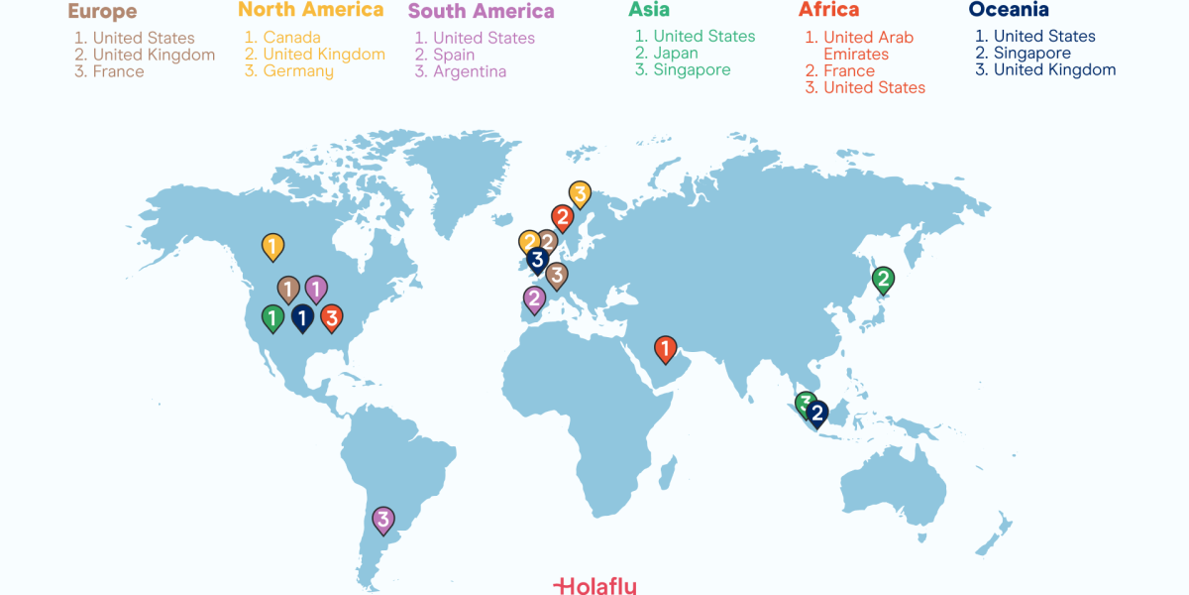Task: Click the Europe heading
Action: coord(102,12)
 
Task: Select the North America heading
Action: coord(311,10)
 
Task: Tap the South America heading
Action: coord(482,12)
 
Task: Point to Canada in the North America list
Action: coord(291,38)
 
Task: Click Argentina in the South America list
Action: coord(470,71)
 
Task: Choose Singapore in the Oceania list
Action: coord(1031,54)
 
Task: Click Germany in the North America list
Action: coord(298,71)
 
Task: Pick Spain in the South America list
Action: coord(454,55)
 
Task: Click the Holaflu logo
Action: coord(594,585)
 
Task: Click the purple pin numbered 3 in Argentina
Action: coord(382,518)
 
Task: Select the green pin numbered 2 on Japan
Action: coord(882,279)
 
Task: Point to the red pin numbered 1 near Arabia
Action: coord(665,348)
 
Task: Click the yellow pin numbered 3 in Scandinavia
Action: coord(580,193)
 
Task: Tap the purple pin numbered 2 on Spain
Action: coord(534,297)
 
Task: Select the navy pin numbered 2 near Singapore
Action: coord(817,413)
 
